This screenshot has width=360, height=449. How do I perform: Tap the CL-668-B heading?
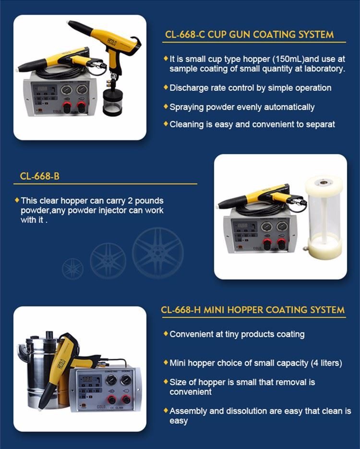click(39, 176)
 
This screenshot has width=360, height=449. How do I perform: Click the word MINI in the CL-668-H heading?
click(215, 310)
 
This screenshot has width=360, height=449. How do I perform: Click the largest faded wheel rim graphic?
click(157, 253)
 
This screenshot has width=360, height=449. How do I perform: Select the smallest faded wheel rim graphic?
click(72, 269)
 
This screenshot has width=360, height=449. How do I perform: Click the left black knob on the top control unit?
click(67, 108)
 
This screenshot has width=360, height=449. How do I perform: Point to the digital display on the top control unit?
click(43, 89)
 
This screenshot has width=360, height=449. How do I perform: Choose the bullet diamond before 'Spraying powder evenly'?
click(166, 107)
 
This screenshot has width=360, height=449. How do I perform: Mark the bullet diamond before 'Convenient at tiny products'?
click(166, 334)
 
